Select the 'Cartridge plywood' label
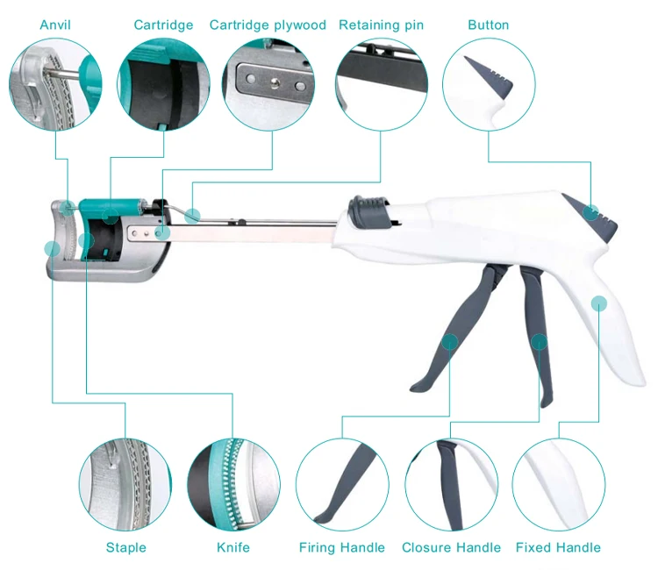(268, 25)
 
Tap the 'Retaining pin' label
(381, 25)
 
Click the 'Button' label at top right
(488, 25)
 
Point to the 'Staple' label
(125, 547)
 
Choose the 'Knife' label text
(233, 547)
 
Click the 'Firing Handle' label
(342, 547)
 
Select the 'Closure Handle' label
(451, 547)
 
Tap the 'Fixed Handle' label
(558, 547)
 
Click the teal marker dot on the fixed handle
(599, 303)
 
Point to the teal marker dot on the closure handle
(540, 341)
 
